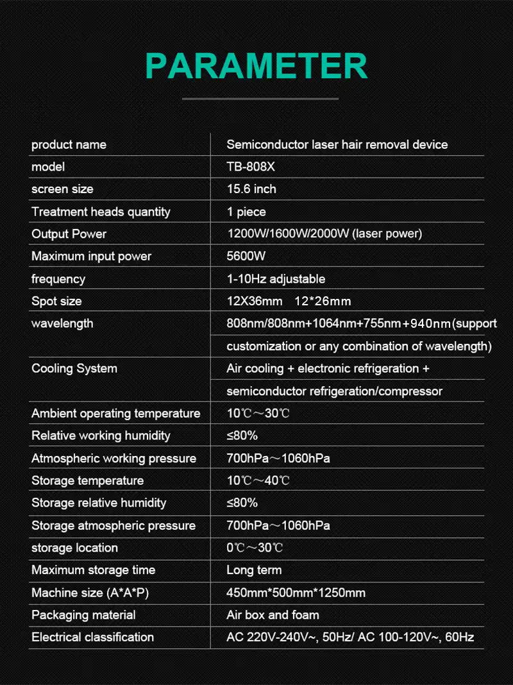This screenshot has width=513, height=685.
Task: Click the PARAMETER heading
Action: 256,65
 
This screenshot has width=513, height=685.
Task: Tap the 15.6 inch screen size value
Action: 251,189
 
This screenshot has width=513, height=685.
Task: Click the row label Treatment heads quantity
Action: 101,212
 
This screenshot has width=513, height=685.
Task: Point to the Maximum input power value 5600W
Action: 246,257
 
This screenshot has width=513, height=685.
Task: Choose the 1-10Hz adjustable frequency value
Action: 276,279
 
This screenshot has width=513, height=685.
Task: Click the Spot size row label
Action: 56,301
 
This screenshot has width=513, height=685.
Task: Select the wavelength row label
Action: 62,323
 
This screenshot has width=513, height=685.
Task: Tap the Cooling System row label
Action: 74,368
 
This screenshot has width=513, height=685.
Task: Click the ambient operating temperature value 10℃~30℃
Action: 258,413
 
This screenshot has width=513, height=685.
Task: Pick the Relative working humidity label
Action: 101,436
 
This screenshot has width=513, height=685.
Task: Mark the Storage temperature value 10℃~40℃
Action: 258,480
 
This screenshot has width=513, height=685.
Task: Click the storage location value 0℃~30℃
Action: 255,548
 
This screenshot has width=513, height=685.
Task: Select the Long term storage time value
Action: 254,570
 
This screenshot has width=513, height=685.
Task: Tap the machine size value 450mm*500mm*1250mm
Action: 296,593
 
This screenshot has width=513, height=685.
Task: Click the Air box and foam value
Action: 273,614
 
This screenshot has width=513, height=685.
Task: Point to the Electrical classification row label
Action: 92,637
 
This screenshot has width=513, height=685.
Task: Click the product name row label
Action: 69,144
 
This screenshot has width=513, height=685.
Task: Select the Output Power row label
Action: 69,234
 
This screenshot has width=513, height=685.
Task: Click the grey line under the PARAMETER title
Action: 260,99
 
